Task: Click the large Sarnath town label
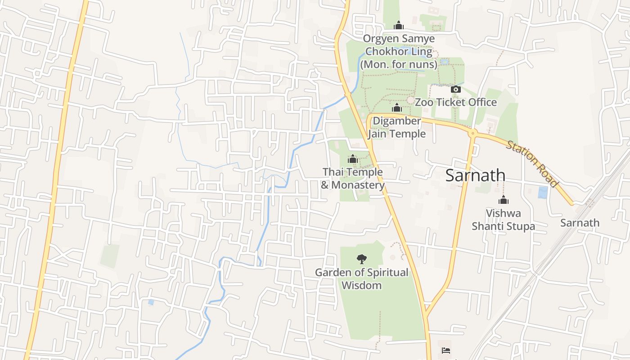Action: [475, 175]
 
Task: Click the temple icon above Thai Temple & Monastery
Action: [353, 159]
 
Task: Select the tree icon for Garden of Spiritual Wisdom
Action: [361, 259]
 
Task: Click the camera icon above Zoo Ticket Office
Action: [455, 89]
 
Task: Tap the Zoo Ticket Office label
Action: [455, 102]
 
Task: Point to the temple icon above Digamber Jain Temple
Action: [396, 108]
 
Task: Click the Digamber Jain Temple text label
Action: [396, 127]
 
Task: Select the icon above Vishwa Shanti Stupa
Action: [503, 200]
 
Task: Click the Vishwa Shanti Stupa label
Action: [503, 219]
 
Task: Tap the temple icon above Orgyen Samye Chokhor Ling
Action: [398, 25]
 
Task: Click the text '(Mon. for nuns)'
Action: [399, 64]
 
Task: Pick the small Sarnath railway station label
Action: [580, 223]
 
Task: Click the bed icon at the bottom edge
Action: [445, 350]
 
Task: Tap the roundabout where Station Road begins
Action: [472, 133]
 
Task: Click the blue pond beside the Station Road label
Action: [543, 192]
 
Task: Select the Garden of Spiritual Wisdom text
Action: [361, 279]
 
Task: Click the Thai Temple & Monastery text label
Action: [353, 178]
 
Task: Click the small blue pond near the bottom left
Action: [151, 302]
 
